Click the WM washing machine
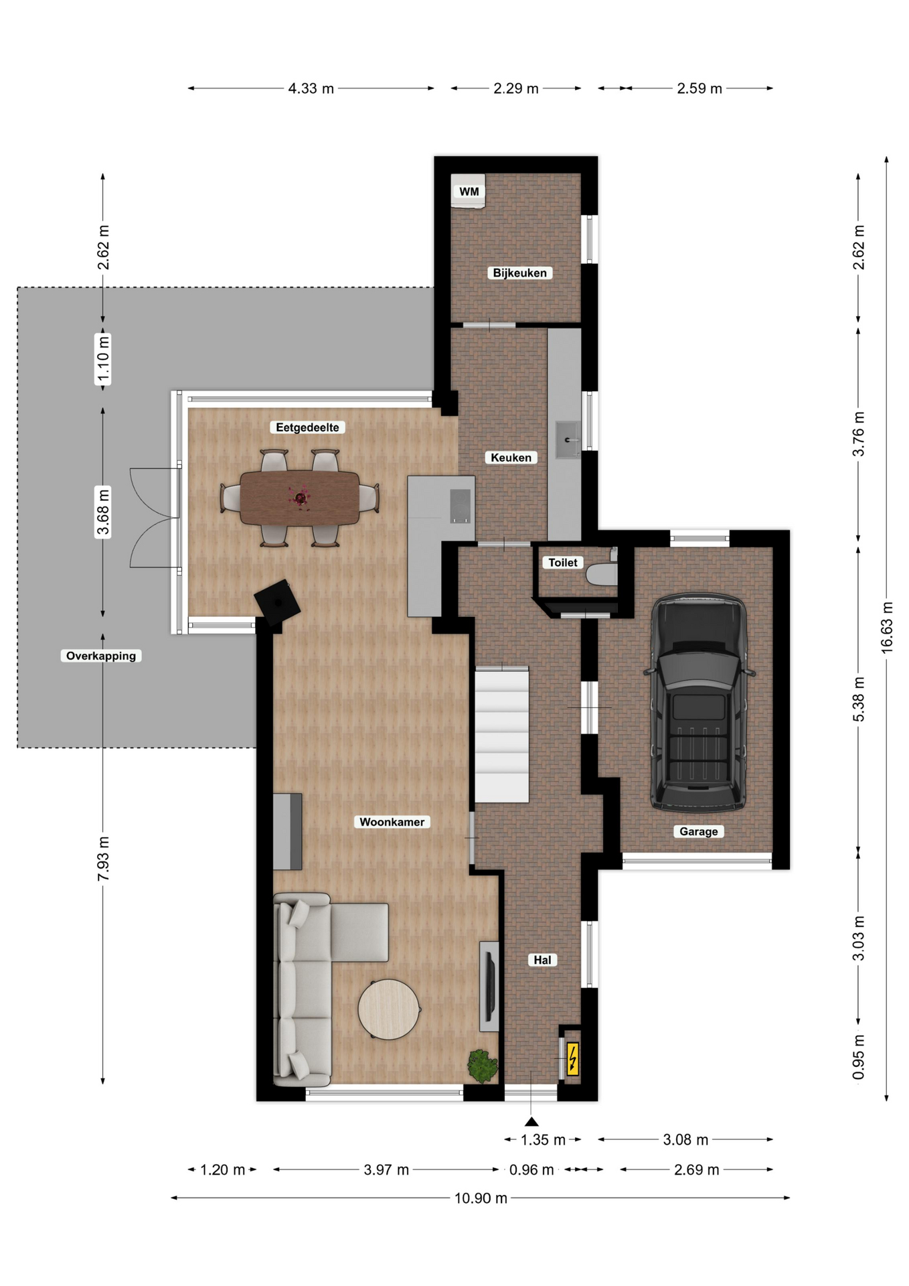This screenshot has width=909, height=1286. tap(468, 191)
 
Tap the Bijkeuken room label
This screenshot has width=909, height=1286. tap(519, 273)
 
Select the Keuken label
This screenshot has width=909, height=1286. tap(511, 457)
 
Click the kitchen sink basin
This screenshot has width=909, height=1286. tap(568, 439)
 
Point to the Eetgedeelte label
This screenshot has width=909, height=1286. tap(307, 427)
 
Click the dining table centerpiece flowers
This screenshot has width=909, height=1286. tap(299, 498)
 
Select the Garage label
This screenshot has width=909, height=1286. tap(698, 831)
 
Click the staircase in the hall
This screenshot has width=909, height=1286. tap(502, 734)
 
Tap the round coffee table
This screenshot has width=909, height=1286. tap(390, 1009)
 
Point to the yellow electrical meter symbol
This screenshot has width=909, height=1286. tap(573, 1059)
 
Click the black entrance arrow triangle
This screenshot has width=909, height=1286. tap(531, 1121)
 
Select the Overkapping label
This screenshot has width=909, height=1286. tap(101, 656)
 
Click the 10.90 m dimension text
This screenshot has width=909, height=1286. tap(481, 1198)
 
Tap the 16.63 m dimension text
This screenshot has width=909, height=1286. tap(887, 627)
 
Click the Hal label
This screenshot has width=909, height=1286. tap(542, 960)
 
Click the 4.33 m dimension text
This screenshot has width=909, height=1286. tap(311, 88)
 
